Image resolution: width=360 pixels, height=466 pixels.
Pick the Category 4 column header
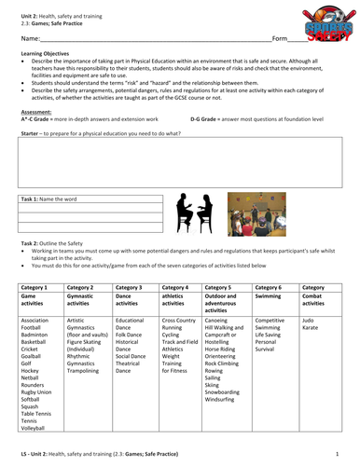pyautogui.click(x=177, y=289)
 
